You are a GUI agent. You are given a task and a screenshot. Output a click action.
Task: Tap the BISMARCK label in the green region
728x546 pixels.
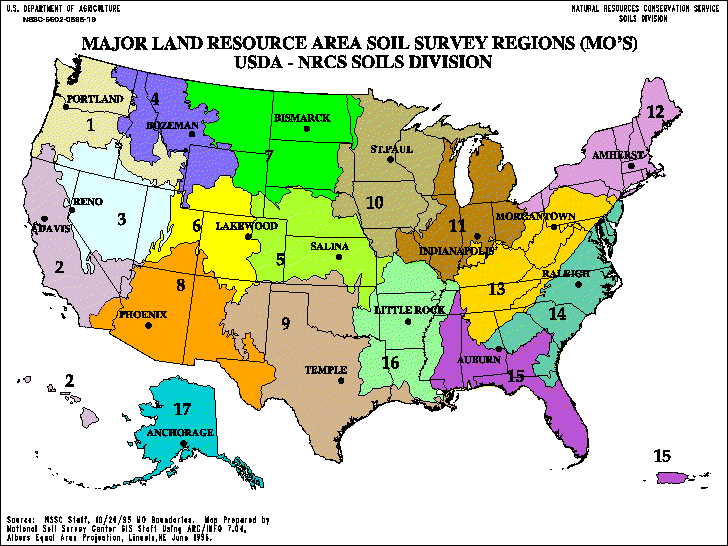(x=302, y=118)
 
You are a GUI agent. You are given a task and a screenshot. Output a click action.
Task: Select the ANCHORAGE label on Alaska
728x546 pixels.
(x=180, y=433)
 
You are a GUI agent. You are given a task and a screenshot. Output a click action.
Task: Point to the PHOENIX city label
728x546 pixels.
(x=144, y=314)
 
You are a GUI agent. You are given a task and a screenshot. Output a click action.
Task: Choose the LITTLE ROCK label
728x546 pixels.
(x=409, y=310)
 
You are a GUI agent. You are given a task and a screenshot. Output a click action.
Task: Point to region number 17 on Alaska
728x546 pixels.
(x=181, y=409)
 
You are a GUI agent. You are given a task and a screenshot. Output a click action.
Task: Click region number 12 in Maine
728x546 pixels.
(x=654, y=112)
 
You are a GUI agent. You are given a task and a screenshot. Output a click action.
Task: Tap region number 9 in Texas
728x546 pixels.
(x=285, y=323)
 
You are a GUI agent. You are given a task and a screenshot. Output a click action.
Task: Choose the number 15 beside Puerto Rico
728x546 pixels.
(x=662, y=456)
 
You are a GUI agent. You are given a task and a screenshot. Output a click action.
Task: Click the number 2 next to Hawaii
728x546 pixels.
(x=69, y=380)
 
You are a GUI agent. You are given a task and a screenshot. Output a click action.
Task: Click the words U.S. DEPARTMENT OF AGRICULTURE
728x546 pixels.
(x=63, y=8)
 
